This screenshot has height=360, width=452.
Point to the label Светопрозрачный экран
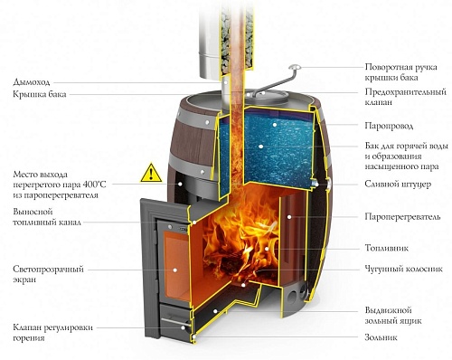coord(44,274)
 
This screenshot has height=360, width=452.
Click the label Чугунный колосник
coord(402,269)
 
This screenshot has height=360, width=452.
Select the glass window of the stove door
coord(167,271)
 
